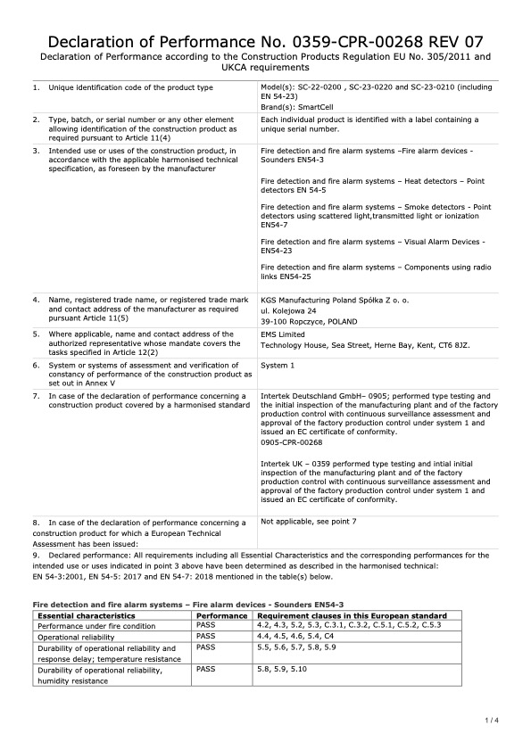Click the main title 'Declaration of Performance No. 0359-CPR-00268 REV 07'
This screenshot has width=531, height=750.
pyautogui.click(x=265, y=41)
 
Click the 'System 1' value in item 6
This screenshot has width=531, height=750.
pyautogui.click(x=278, y=365)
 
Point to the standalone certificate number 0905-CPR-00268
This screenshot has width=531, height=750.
pyautogui.click(x=291, y=441)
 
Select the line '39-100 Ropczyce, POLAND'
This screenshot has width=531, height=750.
pyautogui.click(x=309, y=321)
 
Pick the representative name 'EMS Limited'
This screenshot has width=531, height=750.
pyautogui.click(x=282, y=334)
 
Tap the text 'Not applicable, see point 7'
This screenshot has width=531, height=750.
pyautogui.click(x=308, y=520)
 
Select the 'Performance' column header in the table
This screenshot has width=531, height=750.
pyautogui.click(x=221, y=615)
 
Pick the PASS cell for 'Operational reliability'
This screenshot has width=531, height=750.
pyautogui.click(x=206, y=635)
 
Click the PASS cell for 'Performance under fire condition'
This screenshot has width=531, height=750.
pyautogui.click(x=206, y=625)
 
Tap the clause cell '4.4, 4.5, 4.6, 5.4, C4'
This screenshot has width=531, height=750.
pyautogui.click(x=300, y=635)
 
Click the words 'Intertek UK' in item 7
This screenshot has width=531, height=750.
pyautogui.click(x=281, y=465)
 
